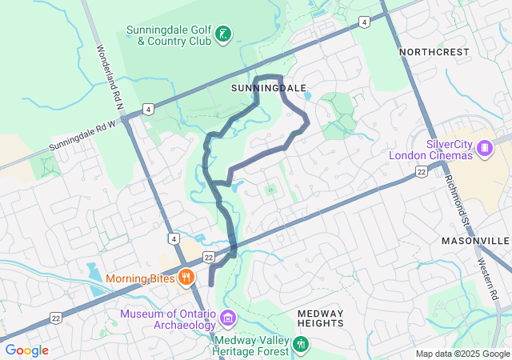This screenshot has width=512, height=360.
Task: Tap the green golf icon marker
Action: coord(225,34)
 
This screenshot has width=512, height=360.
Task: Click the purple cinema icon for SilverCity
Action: coord(483,148)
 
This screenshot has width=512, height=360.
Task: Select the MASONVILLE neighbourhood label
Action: coord(474,241)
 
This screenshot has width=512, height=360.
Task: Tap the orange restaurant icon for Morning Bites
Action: coord(186,278)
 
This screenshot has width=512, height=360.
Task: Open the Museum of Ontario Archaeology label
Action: coord(168,319)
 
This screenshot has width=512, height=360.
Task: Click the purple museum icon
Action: coord(228,318)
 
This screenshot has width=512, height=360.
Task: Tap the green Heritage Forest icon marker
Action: coord(301,344)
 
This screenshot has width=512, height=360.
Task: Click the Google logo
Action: coord(26,350)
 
